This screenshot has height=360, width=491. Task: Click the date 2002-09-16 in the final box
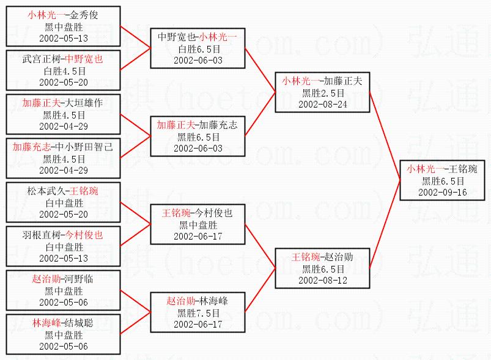(x=443, y=192)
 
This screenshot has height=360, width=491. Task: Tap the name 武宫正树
(x=42, y=59)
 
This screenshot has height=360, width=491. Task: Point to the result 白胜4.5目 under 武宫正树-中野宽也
(x=64, y=71)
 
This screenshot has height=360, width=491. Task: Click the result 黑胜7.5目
(x=198, y=312)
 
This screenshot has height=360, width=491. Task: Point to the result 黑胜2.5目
(x=323, y=92)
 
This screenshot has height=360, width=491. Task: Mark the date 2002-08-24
(x=323, y=104)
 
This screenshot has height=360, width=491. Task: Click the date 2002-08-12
(x=323, y=280)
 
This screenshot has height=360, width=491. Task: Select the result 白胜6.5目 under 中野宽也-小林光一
(x=198, y=48)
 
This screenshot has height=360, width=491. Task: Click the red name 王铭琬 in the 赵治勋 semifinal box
(x=305, y=257)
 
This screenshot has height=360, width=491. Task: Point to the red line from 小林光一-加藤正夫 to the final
(x=385, y=134)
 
